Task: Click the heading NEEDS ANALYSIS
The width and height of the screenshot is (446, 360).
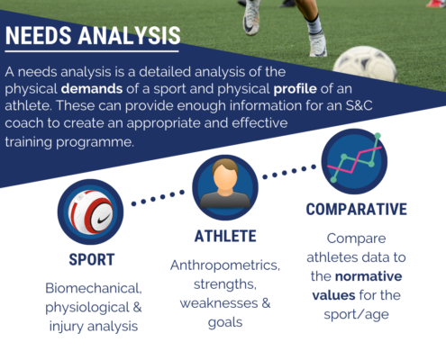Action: coord(93,35)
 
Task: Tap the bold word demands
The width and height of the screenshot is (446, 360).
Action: coord(92,89)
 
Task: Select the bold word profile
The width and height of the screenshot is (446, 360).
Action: coord(295,89)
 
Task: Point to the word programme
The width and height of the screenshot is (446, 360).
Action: coord(95,142)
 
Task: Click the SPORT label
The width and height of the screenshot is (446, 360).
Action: coord(92,260)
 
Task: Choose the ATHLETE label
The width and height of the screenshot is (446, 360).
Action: coord(225,236)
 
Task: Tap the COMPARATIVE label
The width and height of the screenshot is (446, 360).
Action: coord(357,210)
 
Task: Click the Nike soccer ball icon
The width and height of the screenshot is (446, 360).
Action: coord(90,211)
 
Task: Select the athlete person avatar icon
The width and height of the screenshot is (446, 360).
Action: coord(225,187)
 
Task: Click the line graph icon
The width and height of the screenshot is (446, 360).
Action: coord(354,161)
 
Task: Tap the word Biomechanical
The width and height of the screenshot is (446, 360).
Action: coord(94,288)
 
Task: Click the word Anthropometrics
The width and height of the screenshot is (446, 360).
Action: coord(225,265)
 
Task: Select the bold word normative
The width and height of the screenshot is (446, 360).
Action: coord(369,276)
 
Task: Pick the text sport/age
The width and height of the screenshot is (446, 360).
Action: coord(356,315)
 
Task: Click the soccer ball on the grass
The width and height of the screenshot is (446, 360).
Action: coord(365,65)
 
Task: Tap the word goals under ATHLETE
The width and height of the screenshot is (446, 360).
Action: coord(225,323)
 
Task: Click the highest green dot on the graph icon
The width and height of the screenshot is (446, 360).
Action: coord(378,136)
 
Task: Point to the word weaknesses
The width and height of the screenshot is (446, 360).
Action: coord(219,303)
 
